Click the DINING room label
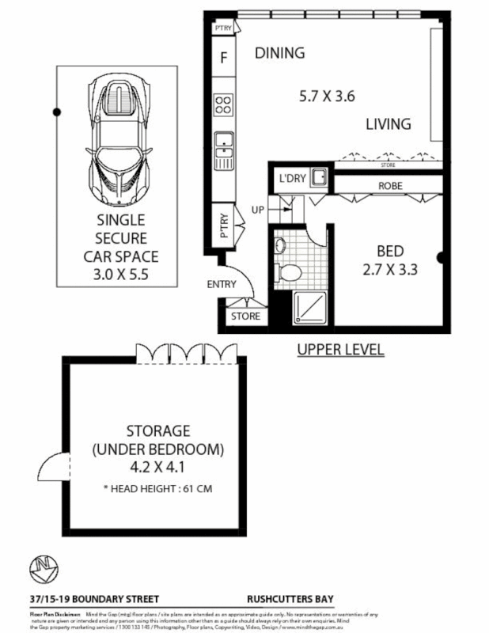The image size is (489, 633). pos(279,54)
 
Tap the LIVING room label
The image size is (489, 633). pos(388,124)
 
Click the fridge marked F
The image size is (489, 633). pos(224,58)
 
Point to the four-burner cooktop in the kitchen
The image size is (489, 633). pos(224,105)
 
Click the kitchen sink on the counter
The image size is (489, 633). pos(224,143)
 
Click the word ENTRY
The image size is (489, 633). pos(222,284)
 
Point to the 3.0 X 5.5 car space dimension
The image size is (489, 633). pos(122,274)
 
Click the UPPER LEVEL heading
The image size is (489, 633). pos(340,350)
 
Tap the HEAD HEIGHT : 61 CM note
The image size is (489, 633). pos(157,488)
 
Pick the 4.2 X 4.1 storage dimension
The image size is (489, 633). pos(158,467)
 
